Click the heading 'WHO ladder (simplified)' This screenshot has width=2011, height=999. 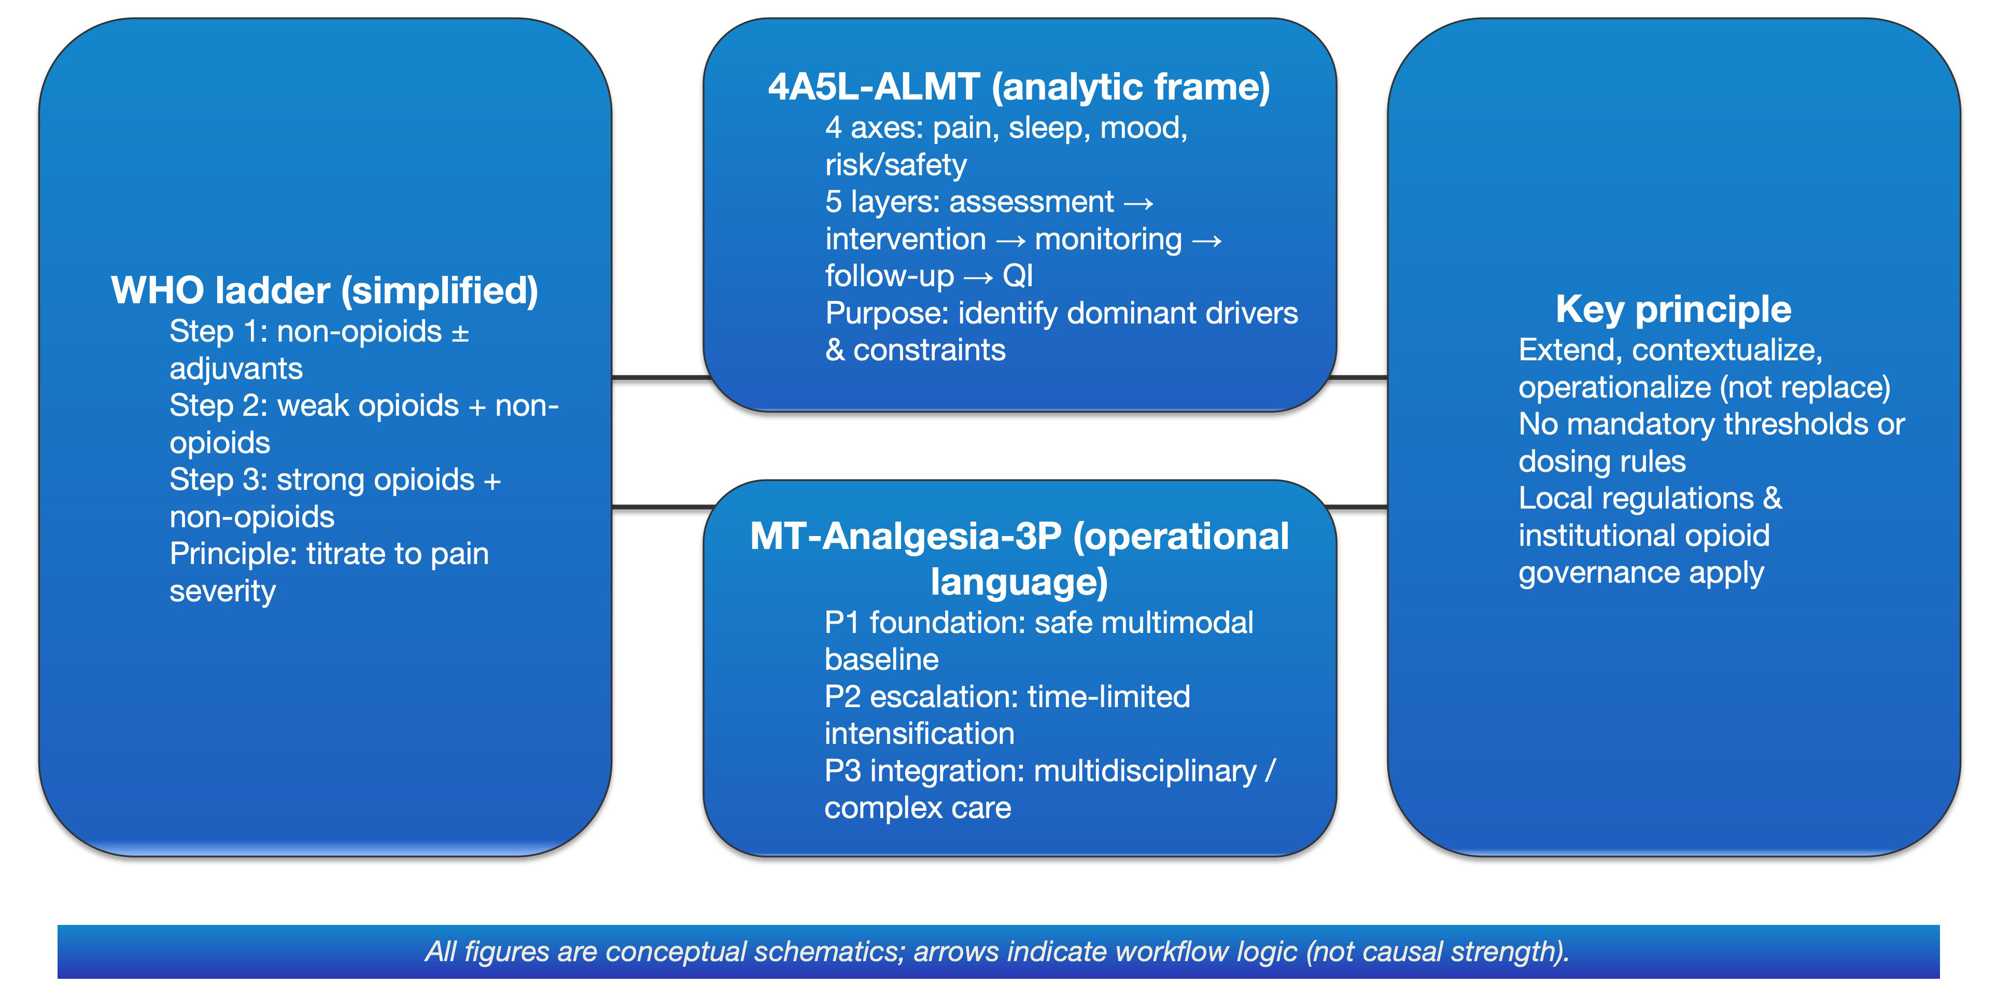pos(324,290)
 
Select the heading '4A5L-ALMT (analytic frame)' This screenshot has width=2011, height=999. pos(1019,87)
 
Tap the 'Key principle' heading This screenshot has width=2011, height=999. pos(1673,309)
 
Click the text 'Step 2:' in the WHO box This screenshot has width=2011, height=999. pos(219,406)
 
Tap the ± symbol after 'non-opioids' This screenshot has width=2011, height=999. pos(460,332)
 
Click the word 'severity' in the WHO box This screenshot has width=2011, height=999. pos(222,592)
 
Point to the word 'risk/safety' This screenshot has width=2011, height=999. pos(895,165)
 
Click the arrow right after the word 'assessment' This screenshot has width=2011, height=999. pos(1138,203)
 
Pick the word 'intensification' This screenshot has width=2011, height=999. pos(919,734)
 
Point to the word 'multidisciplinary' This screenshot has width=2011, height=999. pos(1145,771)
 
